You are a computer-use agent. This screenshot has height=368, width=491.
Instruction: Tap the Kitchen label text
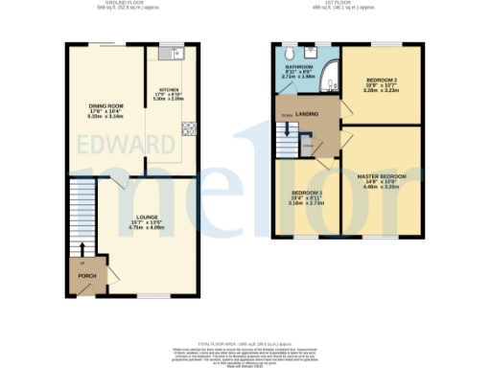click(x=168, y=94)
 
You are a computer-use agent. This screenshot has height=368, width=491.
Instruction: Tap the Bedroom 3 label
click(x=307, y=197)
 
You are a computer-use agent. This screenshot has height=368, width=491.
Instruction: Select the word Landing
click(x=308, y=115)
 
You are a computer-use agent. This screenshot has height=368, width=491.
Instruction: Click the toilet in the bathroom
click(x=290, y=52)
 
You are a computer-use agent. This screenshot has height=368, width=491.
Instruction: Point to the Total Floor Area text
click(x=245, y=342)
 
